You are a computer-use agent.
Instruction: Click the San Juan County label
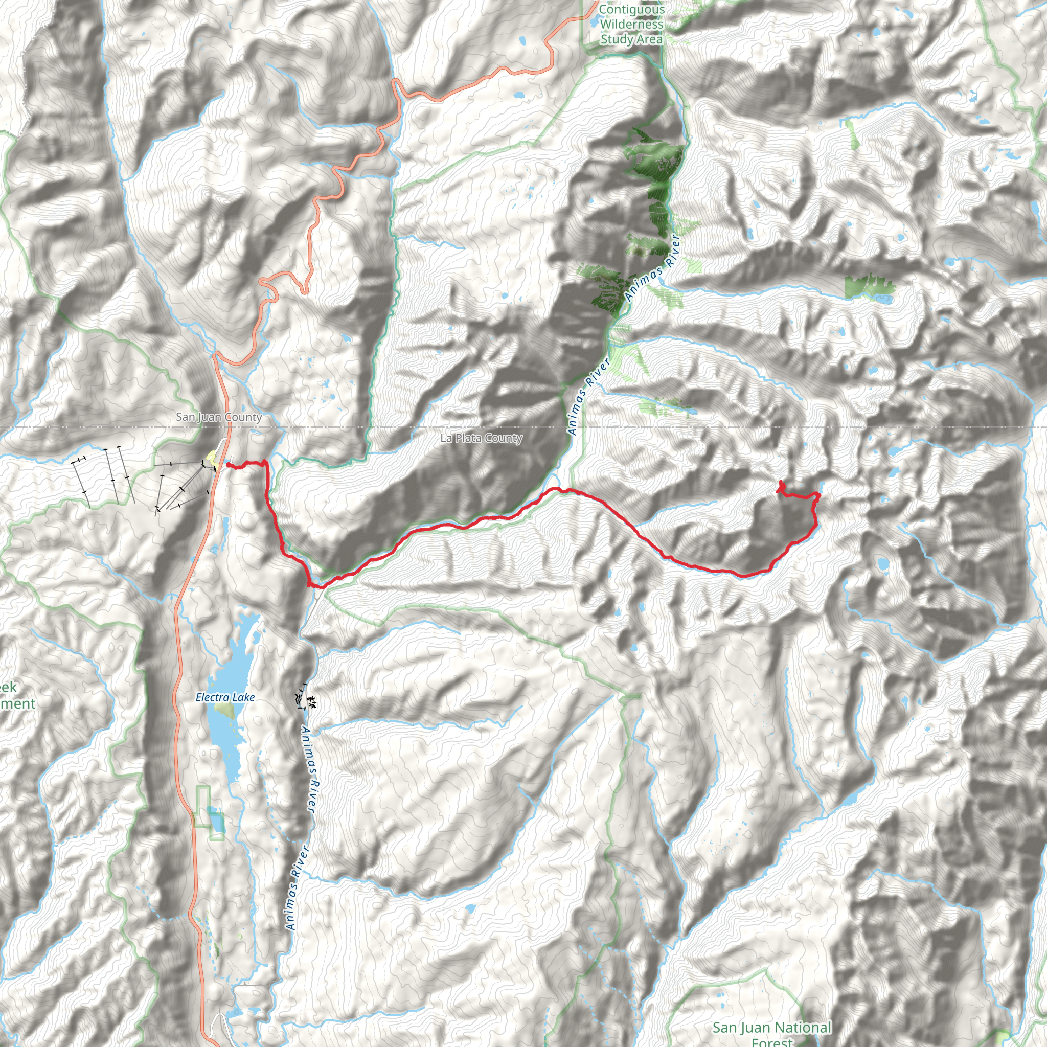click(218, 417)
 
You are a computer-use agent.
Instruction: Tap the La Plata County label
click(481, 438)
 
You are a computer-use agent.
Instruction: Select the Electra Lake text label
click(225, 697)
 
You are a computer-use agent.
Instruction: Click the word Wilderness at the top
click(631, 25)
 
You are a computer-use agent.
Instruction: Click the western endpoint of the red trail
click(228, 465)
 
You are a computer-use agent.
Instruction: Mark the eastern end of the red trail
click(780, 482)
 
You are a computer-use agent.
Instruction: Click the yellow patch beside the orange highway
click(211, 459)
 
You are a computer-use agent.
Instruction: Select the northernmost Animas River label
click(652, 268)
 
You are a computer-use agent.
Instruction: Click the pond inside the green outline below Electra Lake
click(216, 822)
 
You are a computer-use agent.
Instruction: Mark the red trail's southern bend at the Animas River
click(314, 585)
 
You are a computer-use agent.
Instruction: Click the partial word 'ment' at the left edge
click(17, 704)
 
